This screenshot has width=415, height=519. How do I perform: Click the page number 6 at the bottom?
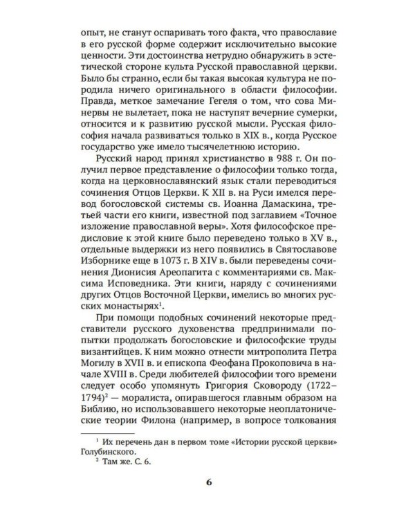click(x=207, y=482)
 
